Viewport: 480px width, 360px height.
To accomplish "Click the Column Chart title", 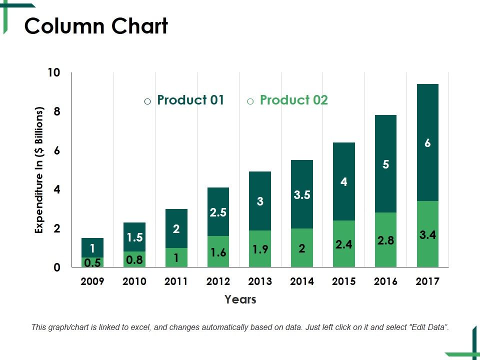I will click(x=96, y=26).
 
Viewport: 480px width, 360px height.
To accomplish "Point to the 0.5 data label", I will click(x=92, y=262).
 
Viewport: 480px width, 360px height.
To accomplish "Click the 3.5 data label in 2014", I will click(x=302, y=195).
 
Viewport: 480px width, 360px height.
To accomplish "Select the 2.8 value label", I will click(x=385, y=240).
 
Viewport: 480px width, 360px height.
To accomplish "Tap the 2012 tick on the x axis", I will click(x=218, y=281).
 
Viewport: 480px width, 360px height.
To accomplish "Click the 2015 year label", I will click(x=343, y=281).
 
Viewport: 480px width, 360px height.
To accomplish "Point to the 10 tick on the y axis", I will click(x=53, y=72).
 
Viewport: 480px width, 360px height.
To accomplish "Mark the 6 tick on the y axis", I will click(x=56, y=150).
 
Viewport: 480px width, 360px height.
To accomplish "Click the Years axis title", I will click(x=240, y=299).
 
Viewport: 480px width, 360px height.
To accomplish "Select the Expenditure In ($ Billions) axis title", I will click(x=39, y=170).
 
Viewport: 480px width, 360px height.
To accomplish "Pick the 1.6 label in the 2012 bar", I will click(x=218, y=252).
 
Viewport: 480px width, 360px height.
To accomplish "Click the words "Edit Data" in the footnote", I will click(x=427, y=327).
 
